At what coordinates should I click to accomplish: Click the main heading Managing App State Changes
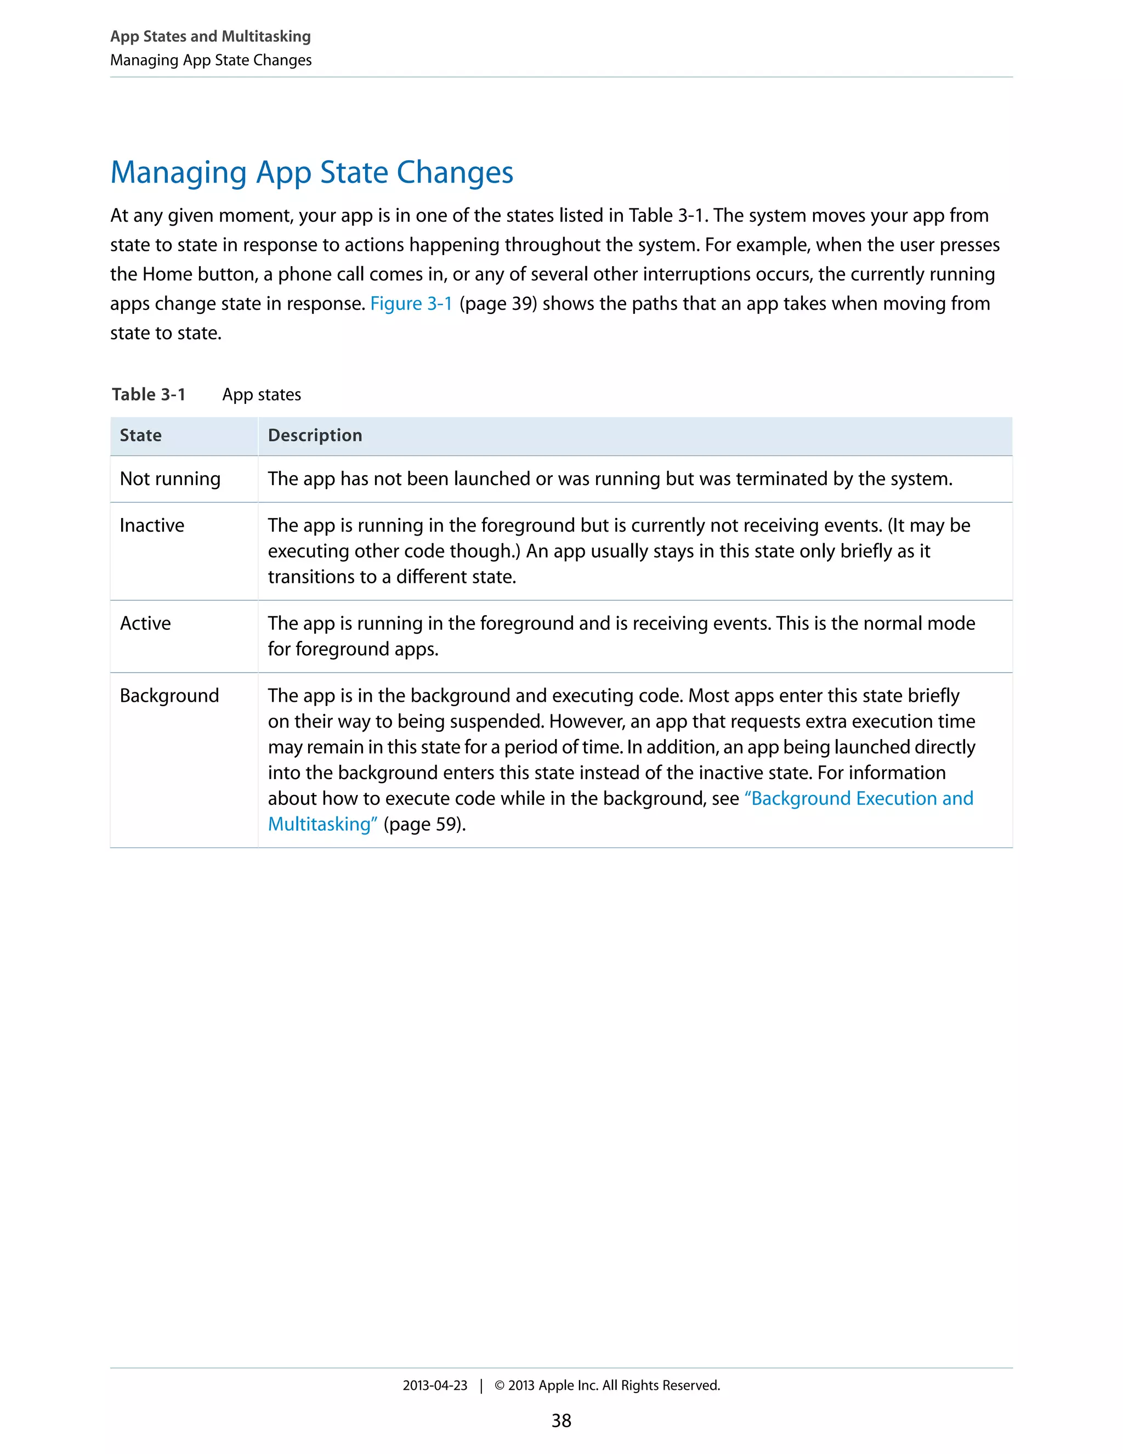coord(311,172)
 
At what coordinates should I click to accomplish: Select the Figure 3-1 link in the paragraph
coord(411,303)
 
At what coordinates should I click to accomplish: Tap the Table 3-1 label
coord(149,395)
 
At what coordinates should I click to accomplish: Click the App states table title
coord(262,395)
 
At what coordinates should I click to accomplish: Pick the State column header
coord(140,436)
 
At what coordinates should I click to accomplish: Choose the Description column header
coord(315,436)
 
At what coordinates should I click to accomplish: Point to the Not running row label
coord(169,478)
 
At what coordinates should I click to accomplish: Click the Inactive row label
coord(152,525)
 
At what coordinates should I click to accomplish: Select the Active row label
coord(145,623)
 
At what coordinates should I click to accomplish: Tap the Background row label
coord(169,696)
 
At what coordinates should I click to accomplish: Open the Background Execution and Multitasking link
coord(861,798)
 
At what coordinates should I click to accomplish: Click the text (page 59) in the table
coord(424,824)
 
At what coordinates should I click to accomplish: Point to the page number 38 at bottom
coord(561,1421)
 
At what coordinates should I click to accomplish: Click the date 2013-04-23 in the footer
coord(434,1385)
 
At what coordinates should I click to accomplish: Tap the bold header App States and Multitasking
coord(210,37)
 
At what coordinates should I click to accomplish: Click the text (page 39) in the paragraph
coord(498,303)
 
